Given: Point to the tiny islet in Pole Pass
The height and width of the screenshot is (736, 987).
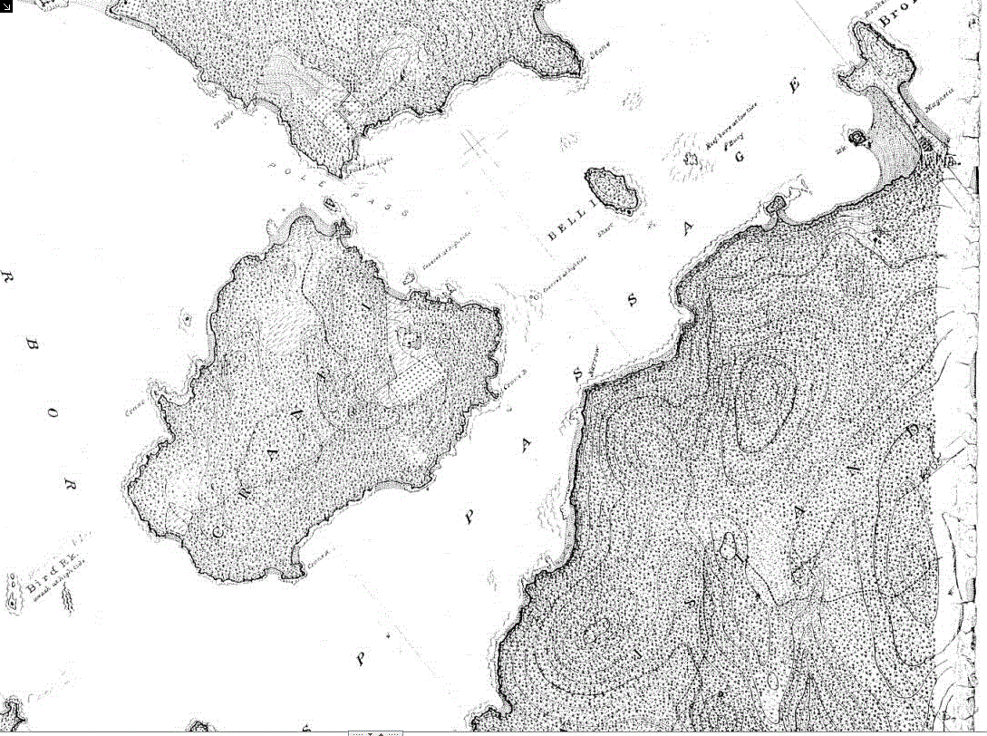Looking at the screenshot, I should tap(330, 203).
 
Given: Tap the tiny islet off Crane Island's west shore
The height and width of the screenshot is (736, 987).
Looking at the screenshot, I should tap(187, 319).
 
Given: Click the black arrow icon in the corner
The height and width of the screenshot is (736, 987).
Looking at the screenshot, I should tap(6, 6).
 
